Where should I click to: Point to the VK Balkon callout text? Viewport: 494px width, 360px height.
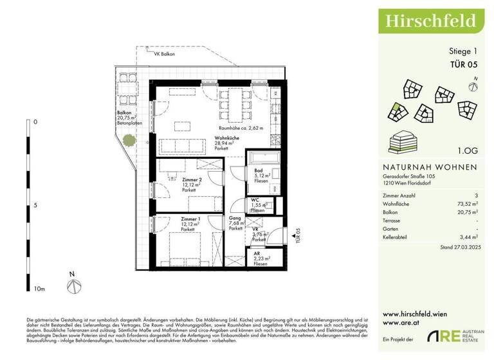pyautogui.click(x=165, y=55)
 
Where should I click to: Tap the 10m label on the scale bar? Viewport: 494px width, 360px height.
pyautogui.click(x=39, y=290)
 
